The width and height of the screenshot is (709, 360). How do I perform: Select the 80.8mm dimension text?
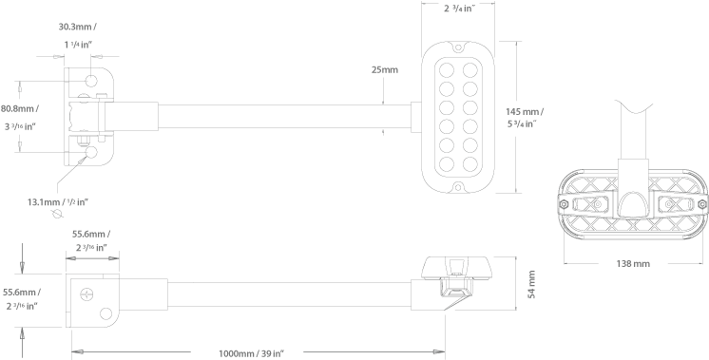pyautogui.click(x=19, y=109)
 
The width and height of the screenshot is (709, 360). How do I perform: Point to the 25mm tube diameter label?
pyautogui.click(x=385, y=70)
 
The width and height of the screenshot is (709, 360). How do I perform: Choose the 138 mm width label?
pyautogui.click(x=632, y=262)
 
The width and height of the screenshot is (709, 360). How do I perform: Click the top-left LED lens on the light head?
pyautogui.click(x=444, y=69)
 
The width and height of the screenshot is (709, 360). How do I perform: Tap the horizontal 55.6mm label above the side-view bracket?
pyautogui.click(x=90, y=233)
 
